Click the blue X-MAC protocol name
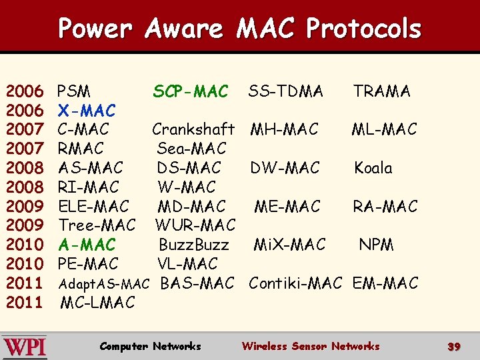[x=87, y=110]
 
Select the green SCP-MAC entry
[x=191, y=91]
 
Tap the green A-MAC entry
[x=87, y=245]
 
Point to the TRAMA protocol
[x=382, y=91]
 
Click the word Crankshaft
[x=193, y=129]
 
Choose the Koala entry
[x=373, y=168]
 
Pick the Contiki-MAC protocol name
[x=295, y=283]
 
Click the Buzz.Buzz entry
[x=193, y=245]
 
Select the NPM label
[x=377, y=245]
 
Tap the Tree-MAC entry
[x=97, y=225]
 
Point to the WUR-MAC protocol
[x=195, y=225]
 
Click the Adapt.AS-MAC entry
[x=104, y=285]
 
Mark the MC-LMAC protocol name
[x=98, y=303]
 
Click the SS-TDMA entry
[x=286, y=91]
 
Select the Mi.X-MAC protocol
[x=290, y=245]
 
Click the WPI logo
[x=25, y=347]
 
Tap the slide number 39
[x=454, y=347]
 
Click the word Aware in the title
[x=183, y=29]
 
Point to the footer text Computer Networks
[x=150, y=346]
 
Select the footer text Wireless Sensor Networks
[x=311, y=346]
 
